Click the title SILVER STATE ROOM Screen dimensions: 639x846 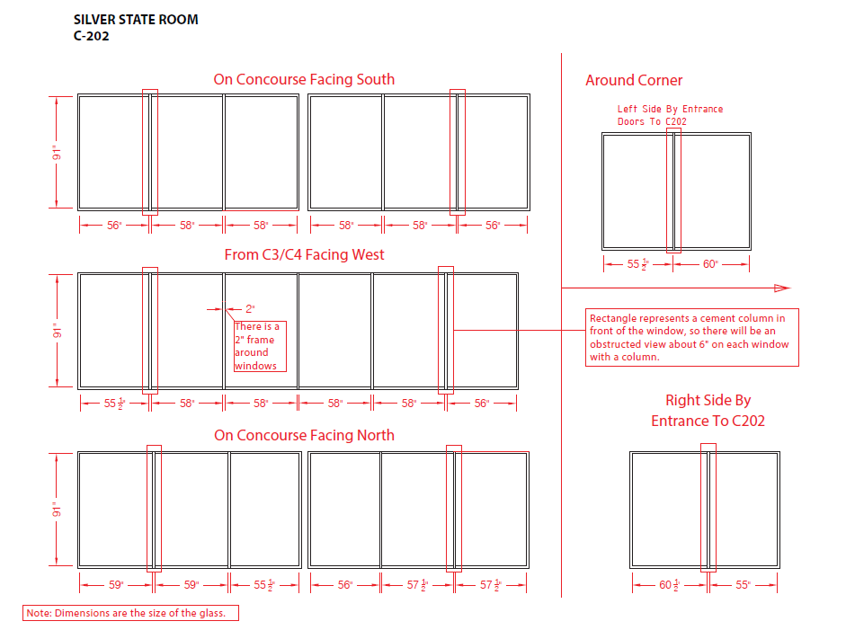click(136, 20)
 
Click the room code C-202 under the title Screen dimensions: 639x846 click(92, 37)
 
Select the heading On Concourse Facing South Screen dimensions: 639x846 click(304, 79)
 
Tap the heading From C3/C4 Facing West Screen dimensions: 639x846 click(304, 255)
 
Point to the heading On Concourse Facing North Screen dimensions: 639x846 click(304, 436)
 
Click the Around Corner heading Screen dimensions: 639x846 click(634, 81)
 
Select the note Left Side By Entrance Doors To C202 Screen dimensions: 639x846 click(670, 115)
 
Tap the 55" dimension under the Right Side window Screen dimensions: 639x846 click(743, 585)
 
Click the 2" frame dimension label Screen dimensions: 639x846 click(250, 308)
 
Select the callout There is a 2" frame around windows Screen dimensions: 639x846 click(260, 346)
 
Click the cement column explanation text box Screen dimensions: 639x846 click(691, 338)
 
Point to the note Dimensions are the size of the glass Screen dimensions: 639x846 click(131, 614)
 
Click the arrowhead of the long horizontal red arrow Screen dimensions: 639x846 click(782, 288)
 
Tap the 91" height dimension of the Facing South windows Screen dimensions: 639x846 click(57, 152)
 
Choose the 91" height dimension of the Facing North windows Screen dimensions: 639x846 click(57, 510)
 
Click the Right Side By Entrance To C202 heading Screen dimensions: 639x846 click(708, 411)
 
